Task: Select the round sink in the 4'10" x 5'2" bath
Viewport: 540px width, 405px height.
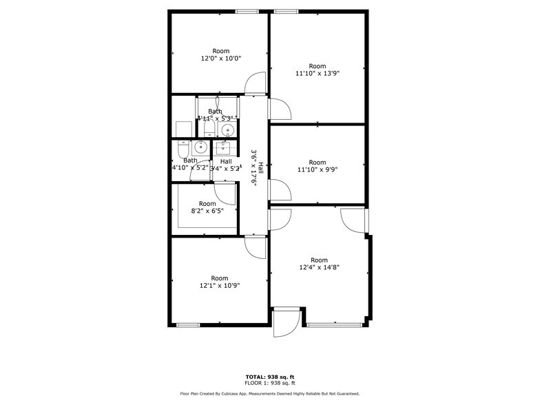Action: click(200, 146)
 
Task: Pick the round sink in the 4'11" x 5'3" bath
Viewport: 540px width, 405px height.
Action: click(230, 129)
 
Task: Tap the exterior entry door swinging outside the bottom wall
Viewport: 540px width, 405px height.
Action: click(285, 322)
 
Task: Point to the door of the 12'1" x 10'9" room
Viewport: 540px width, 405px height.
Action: click(255, 247)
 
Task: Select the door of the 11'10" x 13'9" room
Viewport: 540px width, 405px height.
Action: click(280, 109)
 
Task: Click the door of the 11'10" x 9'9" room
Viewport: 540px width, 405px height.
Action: click(280, 190)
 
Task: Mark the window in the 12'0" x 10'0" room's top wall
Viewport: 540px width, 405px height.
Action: click(247, 11)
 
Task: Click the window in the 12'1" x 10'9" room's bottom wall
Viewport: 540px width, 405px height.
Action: click(188, 324)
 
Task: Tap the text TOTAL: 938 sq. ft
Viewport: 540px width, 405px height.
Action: click(270, 376)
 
